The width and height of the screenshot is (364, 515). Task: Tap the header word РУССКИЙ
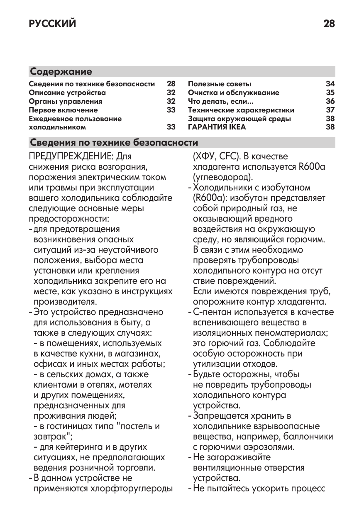tap(52, 24)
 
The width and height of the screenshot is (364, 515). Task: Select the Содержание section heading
tap(61, 71)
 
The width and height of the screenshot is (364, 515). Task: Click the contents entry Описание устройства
tap(67, 93)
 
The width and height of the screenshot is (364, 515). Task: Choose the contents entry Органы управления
tap(65, 101)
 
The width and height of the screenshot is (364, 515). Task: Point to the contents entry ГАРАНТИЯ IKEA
tap(217, 127)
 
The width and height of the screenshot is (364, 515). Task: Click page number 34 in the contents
tap(330, 84)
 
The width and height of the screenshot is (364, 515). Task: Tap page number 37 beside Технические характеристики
tap(330, 110)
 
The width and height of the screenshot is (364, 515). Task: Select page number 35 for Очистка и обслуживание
tap(330, 93)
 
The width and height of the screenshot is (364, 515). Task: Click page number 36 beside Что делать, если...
tap(330, 101)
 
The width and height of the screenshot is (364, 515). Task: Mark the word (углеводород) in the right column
tap(223, 178)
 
